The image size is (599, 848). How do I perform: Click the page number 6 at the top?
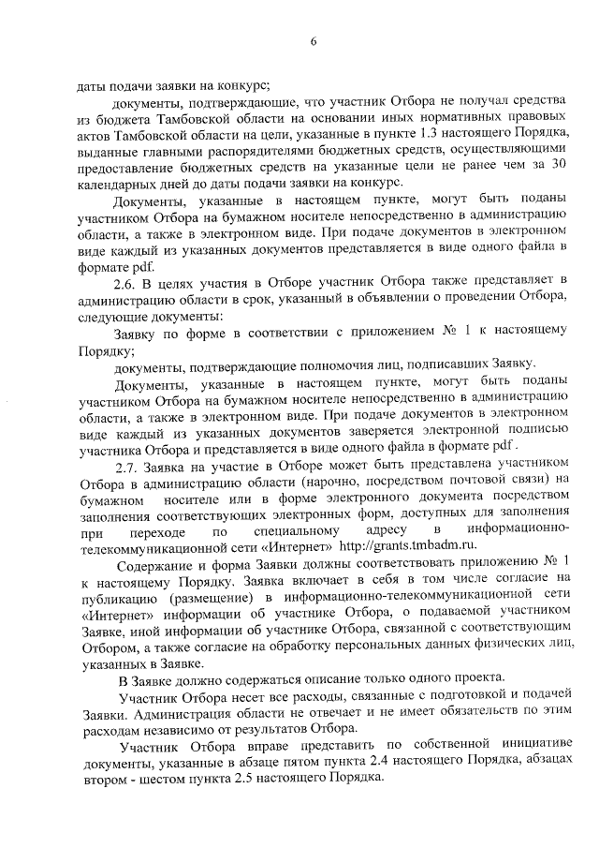click(x=315, y=40)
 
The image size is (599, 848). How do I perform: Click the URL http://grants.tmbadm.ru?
click(x=407, y=545)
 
